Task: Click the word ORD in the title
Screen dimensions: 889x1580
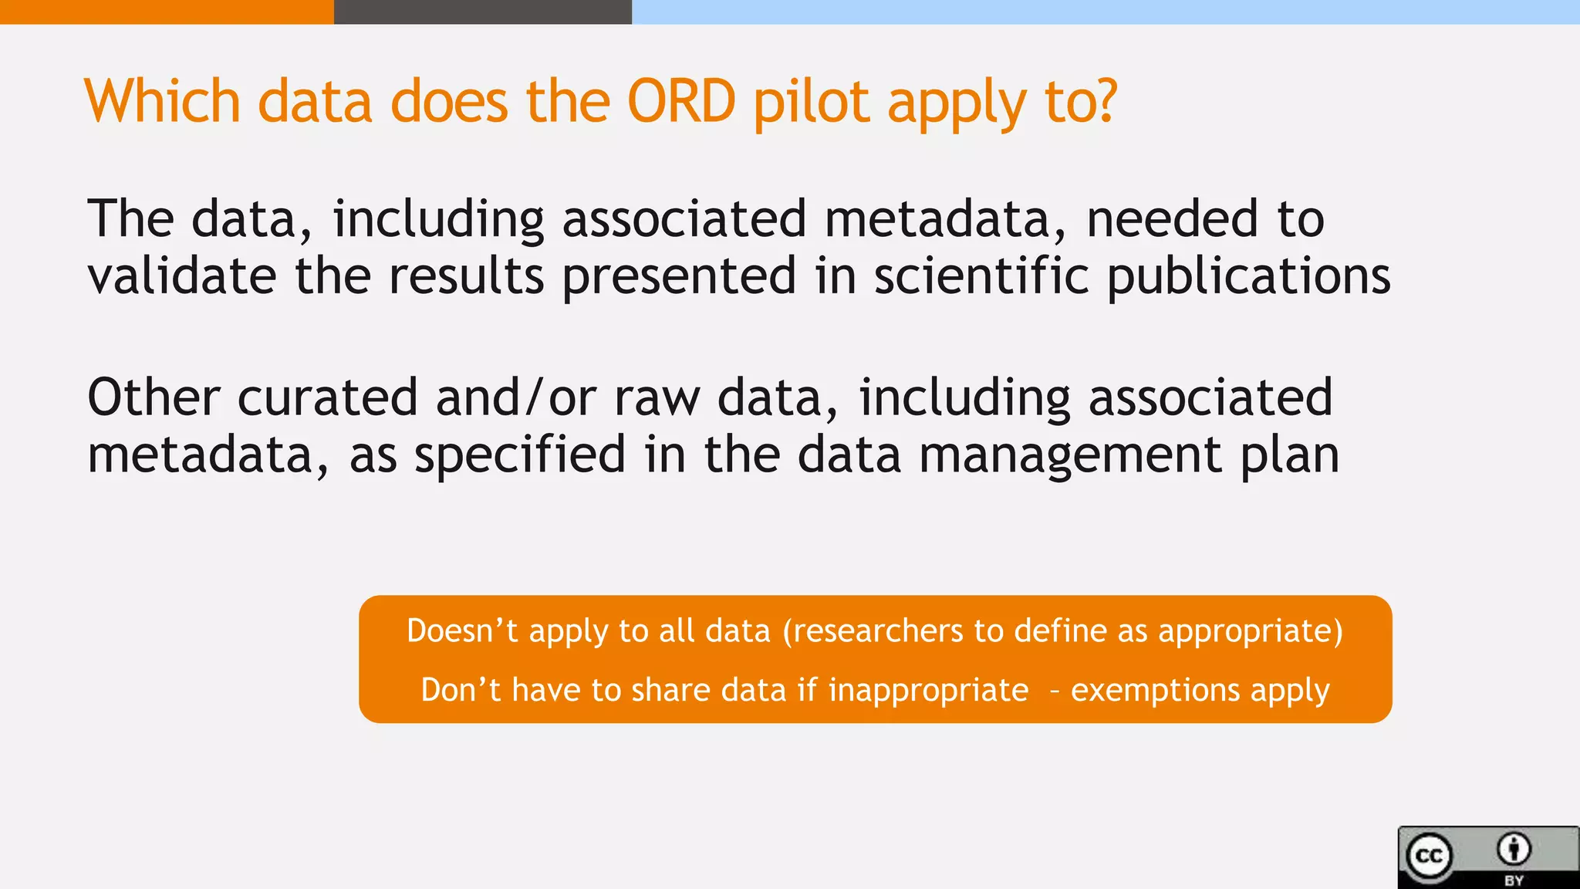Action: coord(681,102)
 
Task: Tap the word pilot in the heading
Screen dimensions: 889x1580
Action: coord(811,102)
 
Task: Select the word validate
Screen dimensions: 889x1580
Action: coord(182,275)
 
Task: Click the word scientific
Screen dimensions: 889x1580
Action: coord(981,275)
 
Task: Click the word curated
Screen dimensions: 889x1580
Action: coord(327,397)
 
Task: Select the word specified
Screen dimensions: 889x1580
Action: coord(520,455)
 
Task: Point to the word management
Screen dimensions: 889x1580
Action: coord(1070,456)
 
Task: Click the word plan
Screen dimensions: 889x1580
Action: coord(1290,456)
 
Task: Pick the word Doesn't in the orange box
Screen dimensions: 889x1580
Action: coord(462,631)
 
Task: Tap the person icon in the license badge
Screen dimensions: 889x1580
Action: coord(1514,850)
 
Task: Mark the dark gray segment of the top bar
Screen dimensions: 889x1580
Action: coord(483,12)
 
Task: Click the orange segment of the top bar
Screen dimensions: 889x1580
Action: coord(167,12)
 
